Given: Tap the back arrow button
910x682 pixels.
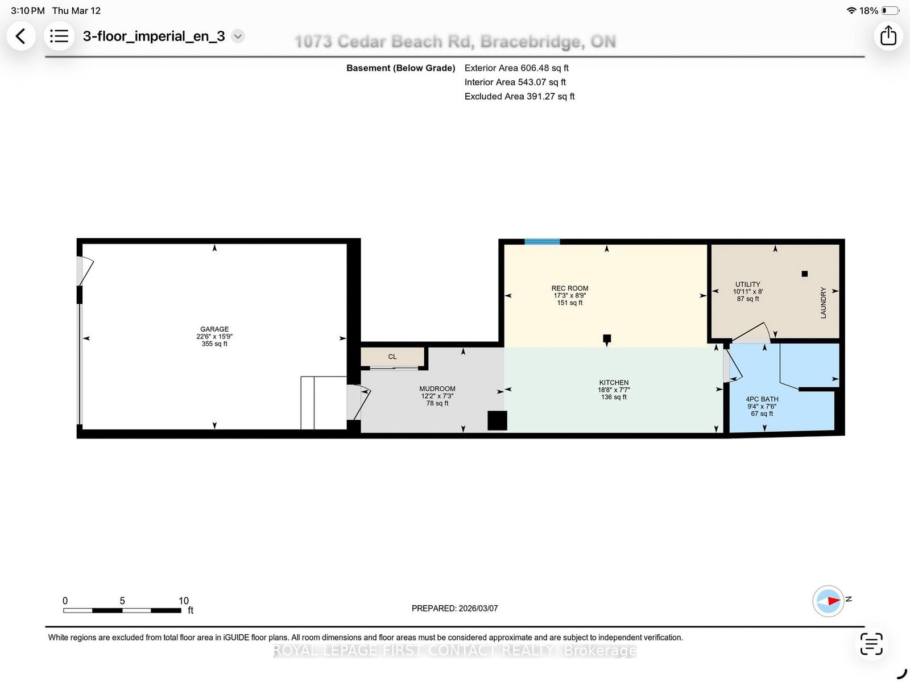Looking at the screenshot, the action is pos(20,36).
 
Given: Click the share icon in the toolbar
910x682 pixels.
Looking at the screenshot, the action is pos(888,36).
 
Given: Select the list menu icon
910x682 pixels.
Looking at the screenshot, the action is pos(59,36).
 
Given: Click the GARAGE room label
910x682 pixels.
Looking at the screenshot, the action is pos(214,329).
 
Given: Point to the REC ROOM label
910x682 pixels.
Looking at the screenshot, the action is pos(570,288).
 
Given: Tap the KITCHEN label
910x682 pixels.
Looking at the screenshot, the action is pos(614,383).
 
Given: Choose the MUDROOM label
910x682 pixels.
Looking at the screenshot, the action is pos(437,389).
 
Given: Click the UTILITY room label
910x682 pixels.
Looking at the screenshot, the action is pos(747,284).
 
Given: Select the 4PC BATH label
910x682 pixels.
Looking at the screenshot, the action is pos(762,399).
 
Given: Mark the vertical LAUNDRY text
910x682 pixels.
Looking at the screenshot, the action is pos(823,303).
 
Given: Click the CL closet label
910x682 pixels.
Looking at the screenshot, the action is pos(392,357).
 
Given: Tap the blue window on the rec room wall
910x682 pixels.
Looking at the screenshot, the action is pos(542,242).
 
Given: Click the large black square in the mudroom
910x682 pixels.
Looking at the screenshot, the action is pos(497,420).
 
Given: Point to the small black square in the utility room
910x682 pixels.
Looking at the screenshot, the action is pos(804,274).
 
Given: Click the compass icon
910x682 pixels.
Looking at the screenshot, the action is pos(828,601).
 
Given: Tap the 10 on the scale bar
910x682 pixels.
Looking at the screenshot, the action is pos(184,600).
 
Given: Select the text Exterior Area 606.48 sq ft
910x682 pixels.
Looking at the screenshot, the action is pos(516,68).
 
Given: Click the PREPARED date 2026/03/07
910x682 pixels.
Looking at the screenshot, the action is pos(478,608).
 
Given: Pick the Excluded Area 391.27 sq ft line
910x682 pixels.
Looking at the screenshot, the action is pos(519,96).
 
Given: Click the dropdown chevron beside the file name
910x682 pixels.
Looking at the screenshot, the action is pos(238,36).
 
